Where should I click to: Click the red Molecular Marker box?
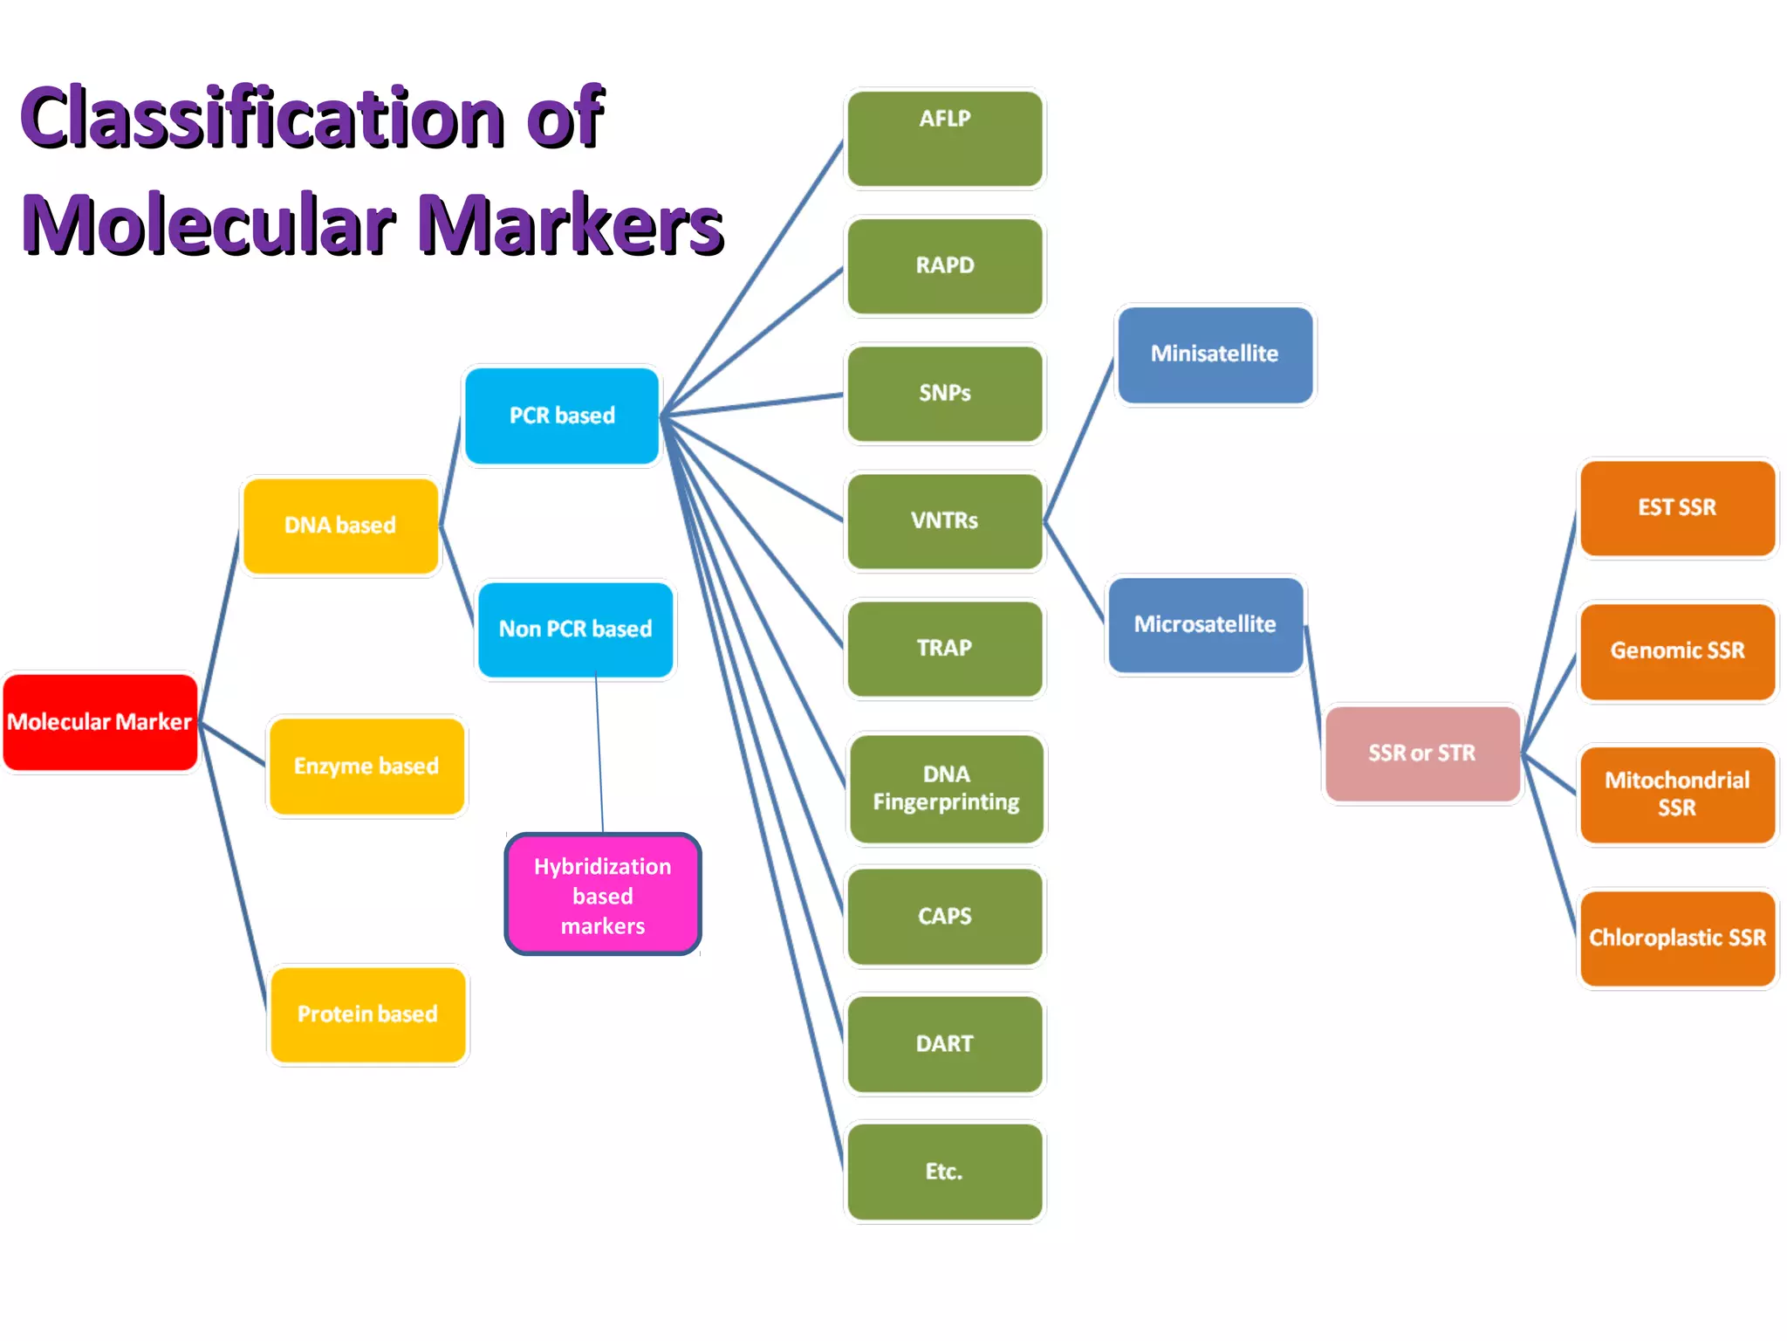[x=100, y=722]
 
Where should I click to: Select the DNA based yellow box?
[x=340, y=526]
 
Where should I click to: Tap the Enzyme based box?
[x=366, y=767]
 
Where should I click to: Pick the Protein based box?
[x=367, y=1014]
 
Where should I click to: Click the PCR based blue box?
[x=562, y=416]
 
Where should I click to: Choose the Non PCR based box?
[x=575, y=629]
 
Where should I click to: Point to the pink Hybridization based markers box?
[x=603, y=895]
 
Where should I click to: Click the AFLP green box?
[x=945, y=138]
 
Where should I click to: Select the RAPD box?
[x=945, y=265]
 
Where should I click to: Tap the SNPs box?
[x=945, y=394]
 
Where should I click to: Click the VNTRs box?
[x=945, y=521]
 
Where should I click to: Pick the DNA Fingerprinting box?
[x=946, y=788]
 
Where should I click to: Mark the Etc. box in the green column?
[x=945, y=1172]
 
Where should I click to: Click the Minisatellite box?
[x=1215, y=354]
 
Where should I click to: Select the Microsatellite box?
[x=1205, y=625]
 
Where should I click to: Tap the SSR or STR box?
[x=1422, y=753]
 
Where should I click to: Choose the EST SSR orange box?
[x=1677, y=508]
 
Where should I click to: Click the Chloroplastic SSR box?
[x=1677, y=939]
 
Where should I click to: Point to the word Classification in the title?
[x=262, y=118]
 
